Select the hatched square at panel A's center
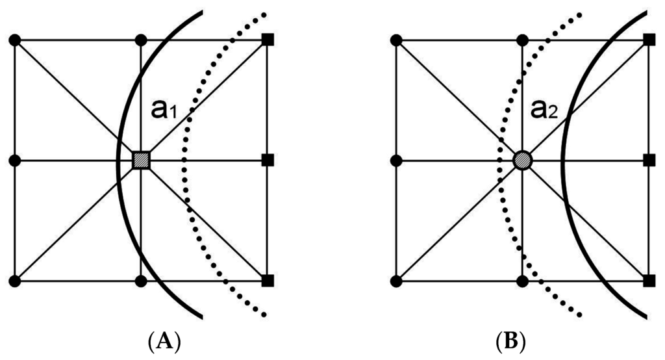point(141,160)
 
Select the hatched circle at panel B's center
point(523,160)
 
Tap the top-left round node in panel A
point(16,40)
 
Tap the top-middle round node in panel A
point(141,40)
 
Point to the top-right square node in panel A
point(267,40)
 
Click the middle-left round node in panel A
point(16,160)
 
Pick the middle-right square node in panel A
point(267,160)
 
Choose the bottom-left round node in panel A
point(16,281)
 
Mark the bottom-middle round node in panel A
point(141,281)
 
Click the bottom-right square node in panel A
point(267,281)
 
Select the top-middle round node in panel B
point(523,40)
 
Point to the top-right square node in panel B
point(648,40)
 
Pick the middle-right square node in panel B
point(648,160)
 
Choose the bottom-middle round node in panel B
point(523,281)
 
